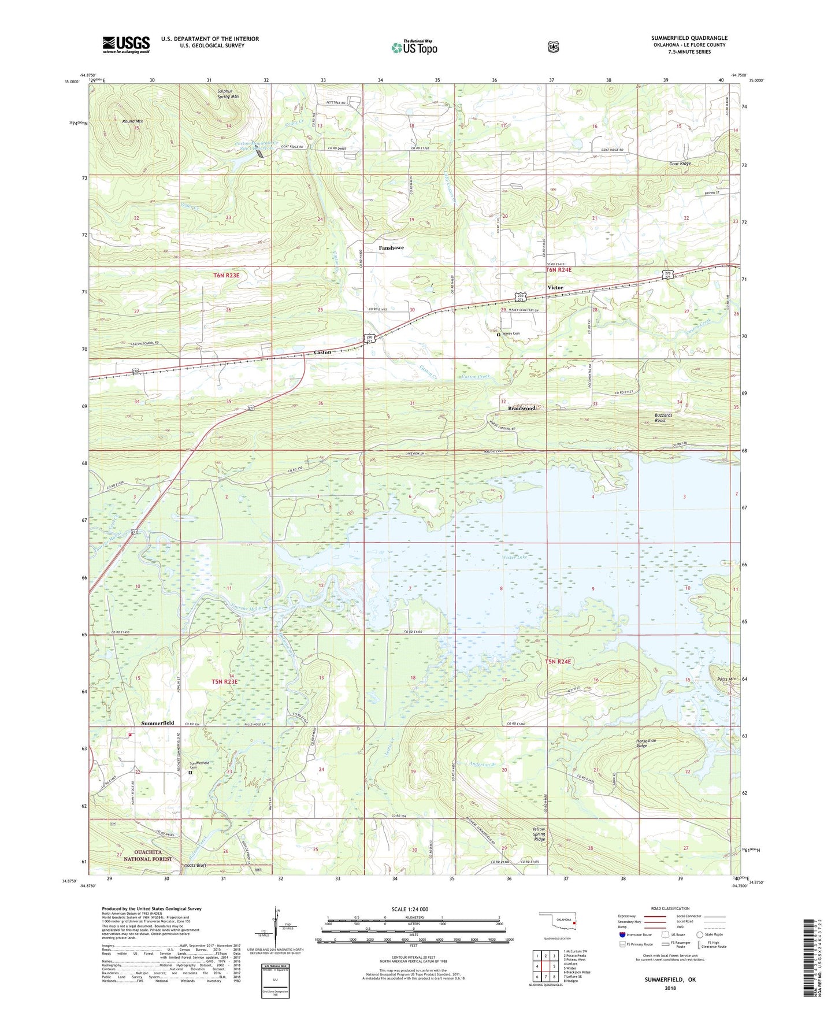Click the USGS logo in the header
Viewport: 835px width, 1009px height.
point(126,44)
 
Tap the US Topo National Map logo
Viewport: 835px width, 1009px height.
point(414,47)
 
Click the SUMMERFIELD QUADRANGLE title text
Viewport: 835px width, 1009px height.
point(689,38)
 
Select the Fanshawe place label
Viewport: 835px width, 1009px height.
point(391,248)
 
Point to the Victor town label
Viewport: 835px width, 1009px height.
point(555,287)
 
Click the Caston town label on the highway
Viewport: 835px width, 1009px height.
point(322,352)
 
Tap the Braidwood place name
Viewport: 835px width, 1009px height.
point(521,408)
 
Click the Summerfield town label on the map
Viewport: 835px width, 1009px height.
point(157,723)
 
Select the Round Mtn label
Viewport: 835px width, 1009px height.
point(132,121)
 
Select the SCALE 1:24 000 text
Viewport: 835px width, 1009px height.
point(410,909)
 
